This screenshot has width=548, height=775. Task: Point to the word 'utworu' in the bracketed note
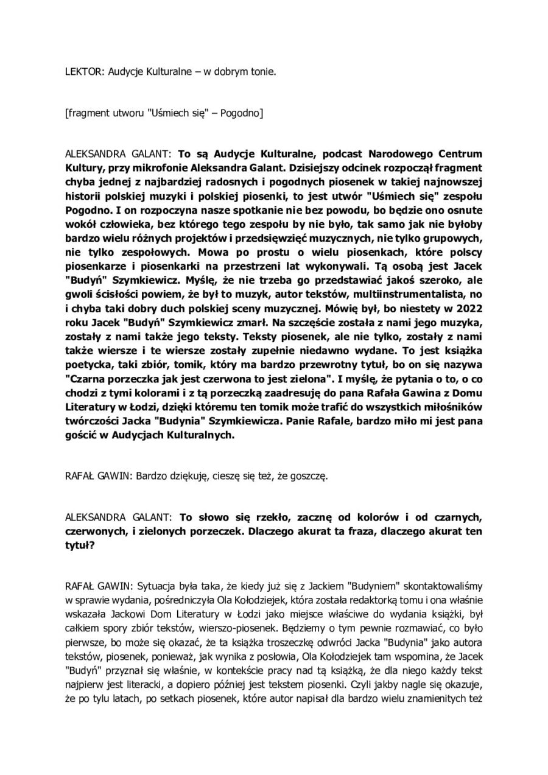[x=127, y=113]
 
